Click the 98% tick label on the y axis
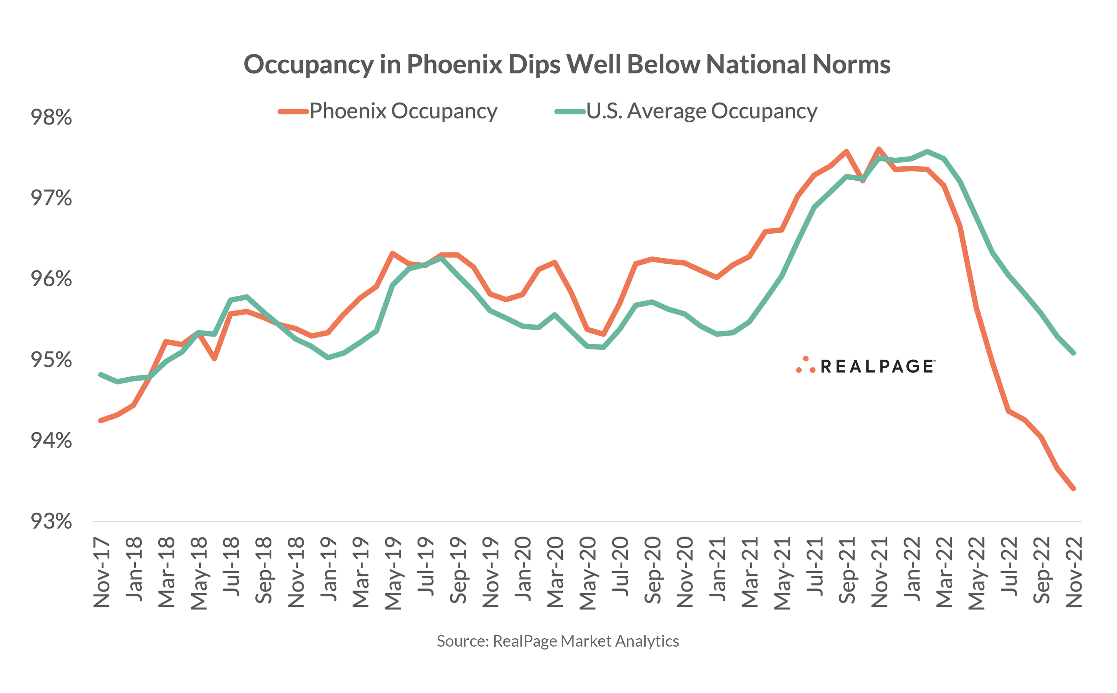click(x=51, y=117)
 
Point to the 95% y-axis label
click(x=51, y=360)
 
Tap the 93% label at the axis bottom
click(x=51, y=522)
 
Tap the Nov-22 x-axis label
click(x=1074, y=573)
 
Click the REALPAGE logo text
click(x=877, y=367)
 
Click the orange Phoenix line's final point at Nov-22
click(x=1073, y=489)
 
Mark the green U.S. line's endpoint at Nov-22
click(x=1073, y=353)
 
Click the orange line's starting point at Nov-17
click(x=101, y=420)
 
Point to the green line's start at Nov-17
click(x=101, y=375)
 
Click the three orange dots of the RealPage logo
click(x=805, y=365)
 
